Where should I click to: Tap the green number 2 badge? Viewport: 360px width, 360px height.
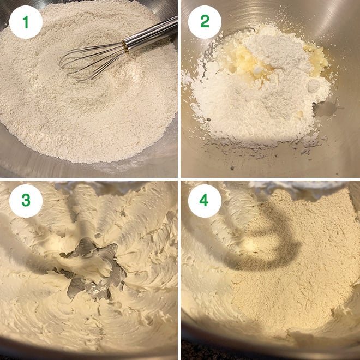205,23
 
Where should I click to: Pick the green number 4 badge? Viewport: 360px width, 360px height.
205,201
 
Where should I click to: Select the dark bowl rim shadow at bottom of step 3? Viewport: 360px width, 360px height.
87,352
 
